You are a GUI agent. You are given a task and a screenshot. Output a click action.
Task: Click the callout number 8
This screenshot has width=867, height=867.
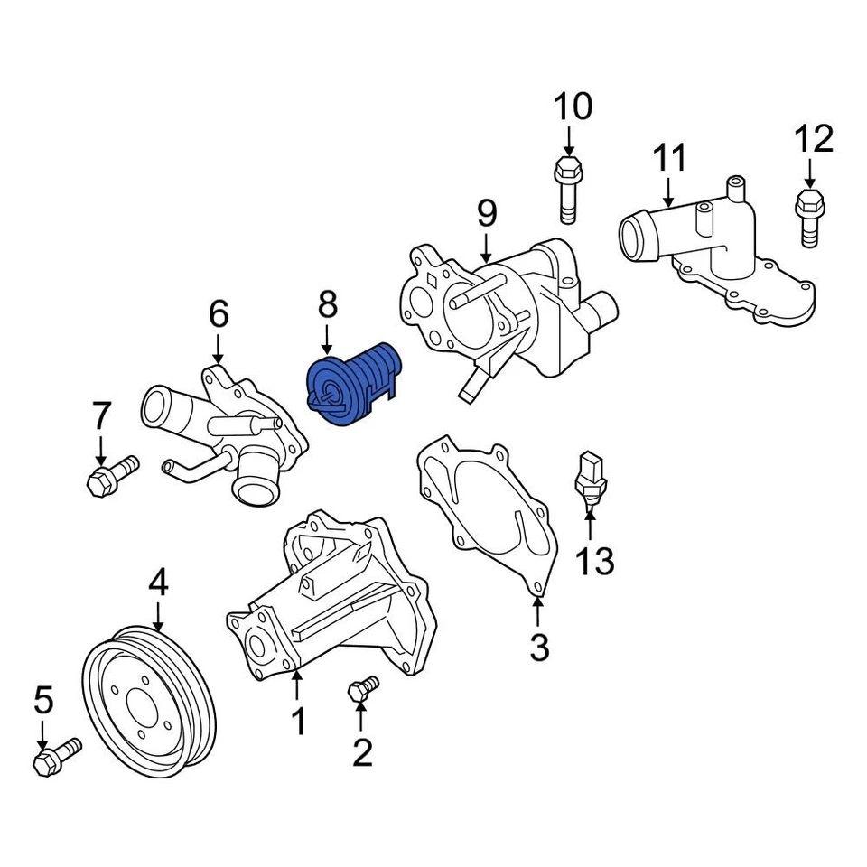(x=326, y=305)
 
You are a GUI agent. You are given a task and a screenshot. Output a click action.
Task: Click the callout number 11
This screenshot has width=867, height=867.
(x=670, y=158)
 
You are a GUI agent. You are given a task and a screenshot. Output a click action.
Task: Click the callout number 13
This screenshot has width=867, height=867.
(x=595, y=562)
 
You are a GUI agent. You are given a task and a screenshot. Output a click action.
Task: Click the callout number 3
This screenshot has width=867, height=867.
(x=539, y=647)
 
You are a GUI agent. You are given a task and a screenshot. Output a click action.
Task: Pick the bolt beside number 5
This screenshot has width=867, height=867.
(x=56, y=757)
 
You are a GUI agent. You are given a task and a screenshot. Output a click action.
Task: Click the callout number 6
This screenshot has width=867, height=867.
(x=219, y=314)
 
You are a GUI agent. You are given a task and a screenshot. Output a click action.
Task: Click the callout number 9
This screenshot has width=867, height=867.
(x=487, y=213)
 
